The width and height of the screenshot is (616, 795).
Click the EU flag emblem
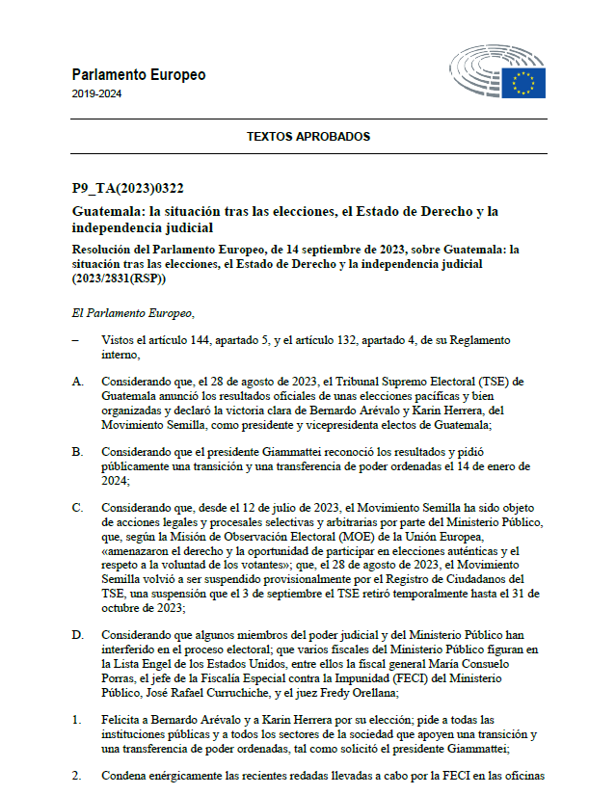[x=523, y=82]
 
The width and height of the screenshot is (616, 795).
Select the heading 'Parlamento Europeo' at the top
[x=138, y=75]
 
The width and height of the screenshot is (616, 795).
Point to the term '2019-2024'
[x=96, y=94]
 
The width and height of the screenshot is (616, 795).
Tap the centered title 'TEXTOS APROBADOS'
[x=308, y=137]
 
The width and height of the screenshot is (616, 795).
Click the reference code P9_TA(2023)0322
[x=127, y=189]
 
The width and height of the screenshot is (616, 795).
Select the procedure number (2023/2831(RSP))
[x=119, y=278]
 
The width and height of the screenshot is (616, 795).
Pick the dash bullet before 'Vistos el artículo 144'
[x=75, y=341]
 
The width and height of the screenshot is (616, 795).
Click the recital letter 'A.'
[x=77, y=382]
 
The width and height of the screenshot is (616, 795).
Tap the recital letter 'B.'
[x=77, y=451]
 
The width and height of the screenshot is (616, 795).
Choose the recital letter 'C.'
[x=77, y=508]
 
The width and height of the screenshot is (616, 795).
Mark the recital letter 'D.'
[x=77, y=635]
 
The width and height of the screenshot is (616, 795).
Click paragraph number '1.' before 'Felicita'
[x=76, y=720]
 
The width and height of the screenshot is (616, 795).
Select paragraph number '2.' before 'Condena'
[x=76, y=775]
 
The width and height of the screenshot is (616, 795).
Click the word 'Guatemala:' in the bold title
[x=109, y=210]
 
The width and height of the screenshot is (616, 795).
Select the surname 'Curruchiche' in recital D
[x=254, y=692]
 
